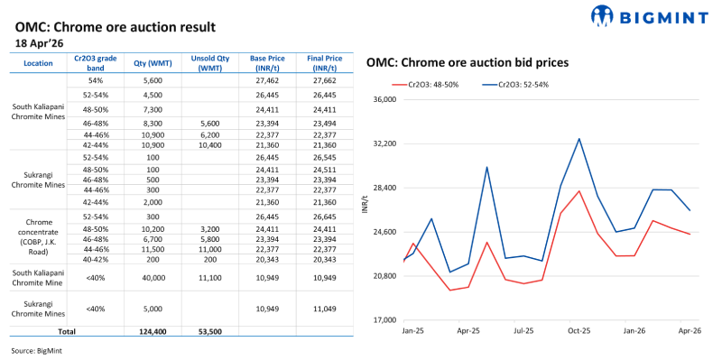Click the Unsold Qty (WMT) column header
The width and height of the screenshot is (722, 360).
pos(209,63)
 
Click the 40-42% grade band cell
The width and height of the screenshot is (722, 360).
pos(96,259)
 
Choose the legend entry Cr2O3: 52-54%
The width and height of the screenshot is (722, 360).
pos(515,84)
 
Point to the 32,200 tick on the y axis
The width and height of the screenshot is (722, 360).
pos(384,143)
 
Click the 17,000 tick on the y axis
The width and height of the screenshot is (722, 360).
pos(384,320)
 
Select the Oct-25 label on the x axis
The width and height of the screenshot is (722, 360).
pos(579,331)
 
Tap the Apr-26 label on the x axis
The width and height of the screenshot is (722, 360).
pos(690,331)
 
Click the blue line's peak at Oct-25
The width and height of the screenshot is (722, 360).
pos(579,139)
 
